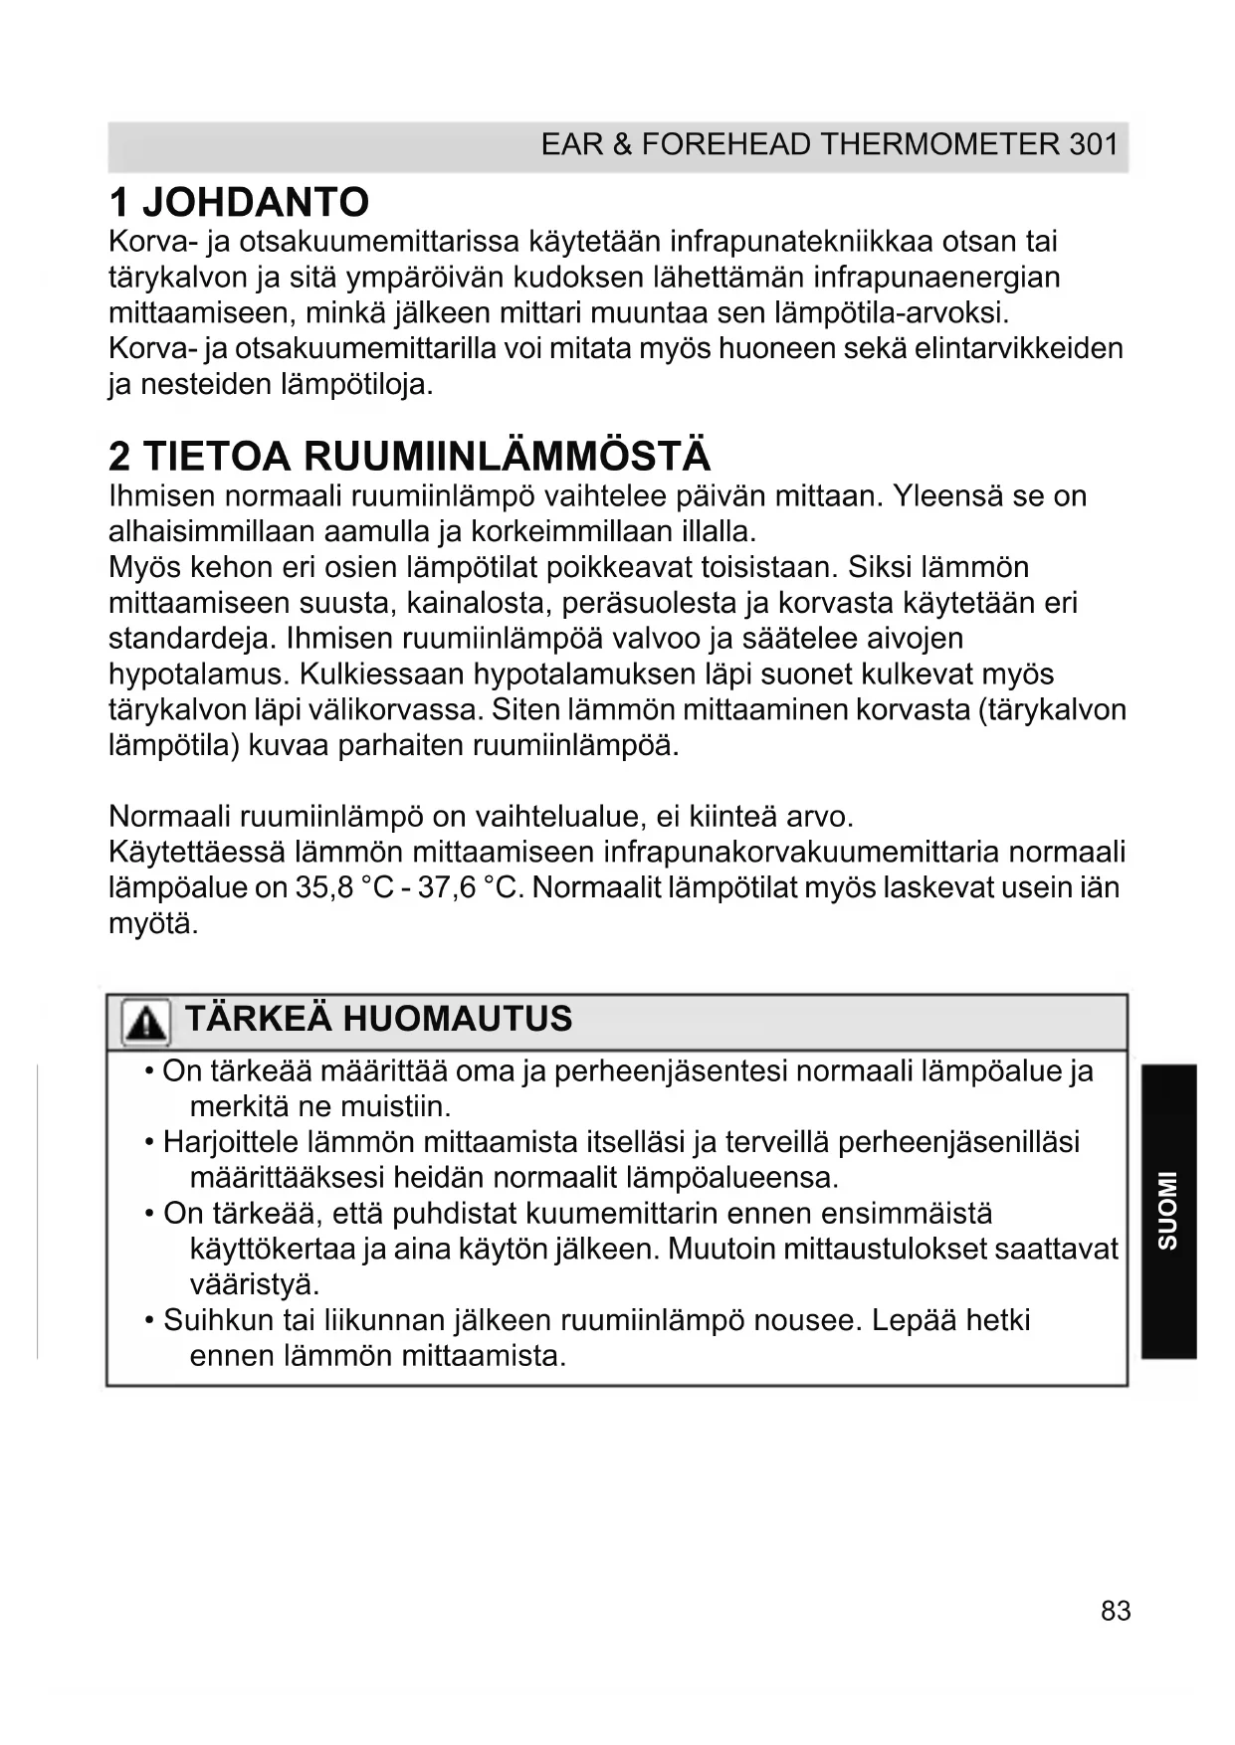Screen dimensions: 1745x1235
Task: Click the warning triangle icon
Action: pos(145,1023)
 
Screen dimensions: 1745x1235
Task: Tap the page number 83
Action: pos(1116,1611)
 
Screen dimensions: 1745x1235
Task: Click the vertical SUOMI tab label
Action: pos(1167,1211)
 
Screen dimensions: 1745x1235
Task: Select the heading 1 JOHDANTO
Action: pos(239,202)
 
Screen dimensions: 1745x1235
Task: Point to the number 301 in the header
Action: pos(1094,145)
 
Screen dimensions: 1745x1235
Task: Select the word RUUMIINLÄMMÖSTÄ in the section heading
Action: pos(507,457)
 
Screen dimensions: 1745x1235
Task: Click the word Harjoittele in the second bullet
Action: pos(231,1142)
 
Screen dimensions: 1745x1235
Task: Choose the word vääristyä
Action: pos(255,1284)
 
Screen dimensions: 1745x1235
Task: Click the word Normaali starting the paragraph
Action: pos(169,817)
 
